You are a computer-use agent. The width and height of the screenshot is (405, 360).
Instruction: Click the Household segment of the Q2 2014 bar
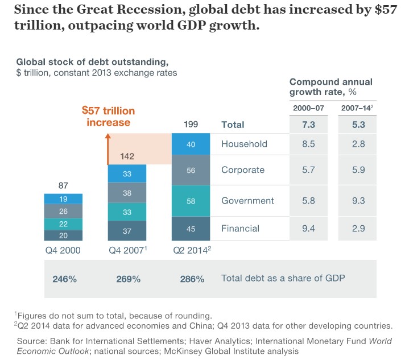191,144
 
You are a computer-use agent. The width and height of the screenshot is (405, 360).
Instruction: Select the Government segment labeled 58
191,201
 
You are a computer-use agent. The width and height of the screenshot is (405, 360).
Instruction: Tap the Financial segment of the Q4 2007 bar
127,230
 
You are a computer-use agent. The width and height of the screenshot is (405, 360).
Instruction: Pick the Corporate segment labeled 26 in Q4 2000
63,212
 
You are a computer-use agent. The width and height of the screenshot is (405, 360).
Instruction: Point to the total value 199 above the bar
191,125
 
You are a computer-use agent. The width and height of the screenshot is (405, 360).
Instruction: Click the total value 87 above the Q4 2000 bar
63,185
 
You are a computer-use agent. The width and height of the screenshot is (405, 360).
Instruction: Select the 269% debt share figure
128,279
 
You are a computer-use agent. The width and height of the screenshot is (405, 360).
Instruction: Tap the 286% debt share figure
192,279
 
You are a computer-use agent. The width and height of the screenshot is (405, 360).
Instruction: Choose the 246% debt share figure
63,279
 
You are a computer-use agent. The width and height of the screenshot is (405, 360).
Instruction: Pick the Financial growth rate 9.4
309,229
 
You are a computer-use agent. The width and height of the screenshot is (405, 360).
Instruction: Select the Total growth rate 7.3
309,125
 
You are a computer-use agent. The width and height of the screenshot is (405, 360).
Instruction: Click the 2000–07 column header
309,108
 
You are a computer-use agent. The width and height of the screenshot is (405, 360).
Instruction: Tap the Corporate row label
243,170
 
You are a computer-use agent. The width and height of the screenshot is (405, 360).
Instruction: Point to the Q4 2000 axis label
63,250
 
